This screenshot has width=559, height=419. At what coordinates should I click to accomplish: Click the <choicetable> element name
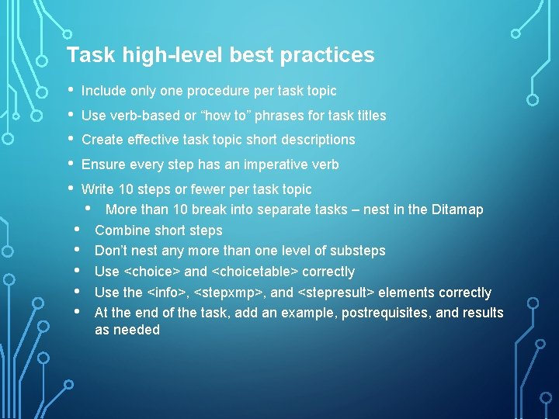tap(255, 272)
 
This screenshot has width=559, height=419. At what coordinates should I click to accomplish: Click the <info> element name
tap(168, 293)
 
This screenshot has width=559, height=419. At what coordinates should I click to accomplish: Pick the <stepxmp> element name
tap(230, 293)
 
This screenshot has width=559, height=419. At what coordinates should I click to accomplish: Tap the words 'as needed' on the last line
tap(127, 330)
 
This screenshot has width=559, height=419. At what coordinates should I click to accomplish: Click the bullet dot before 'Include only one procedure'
tap(71, 90)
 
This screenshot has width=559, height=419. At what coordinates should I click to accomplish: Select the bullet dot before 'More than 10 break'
tap(91, 209)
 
